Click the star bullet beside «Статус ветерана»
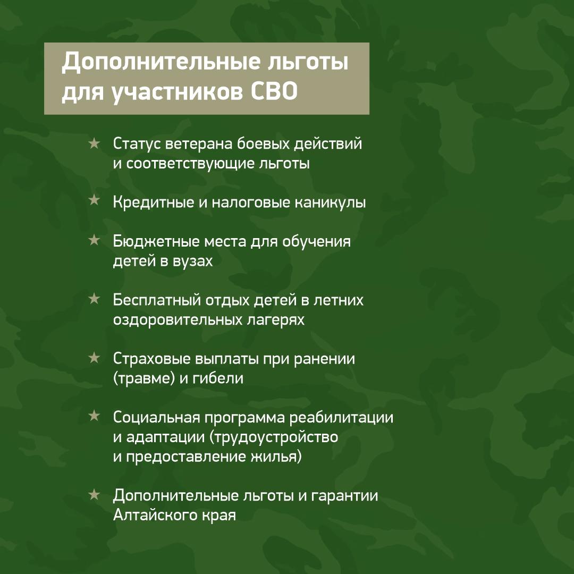[x=94, y=143]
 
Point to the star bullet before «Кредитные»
[x=94, y=200]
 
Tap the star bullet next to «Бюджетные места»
[x=94, y=240]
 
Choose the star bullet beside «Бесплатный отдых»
[x=94, y=299]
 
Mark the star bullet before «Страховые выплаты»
[x=94, y=357]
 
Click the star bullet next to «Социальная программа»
[x=94, y=416]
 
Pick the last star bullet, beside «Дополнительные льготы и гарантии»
[x=94, y=495]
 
